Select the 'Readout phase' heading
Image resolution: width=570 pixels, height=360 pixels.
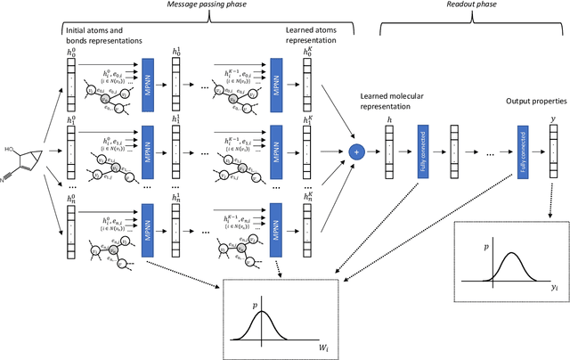click(465, 6)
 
